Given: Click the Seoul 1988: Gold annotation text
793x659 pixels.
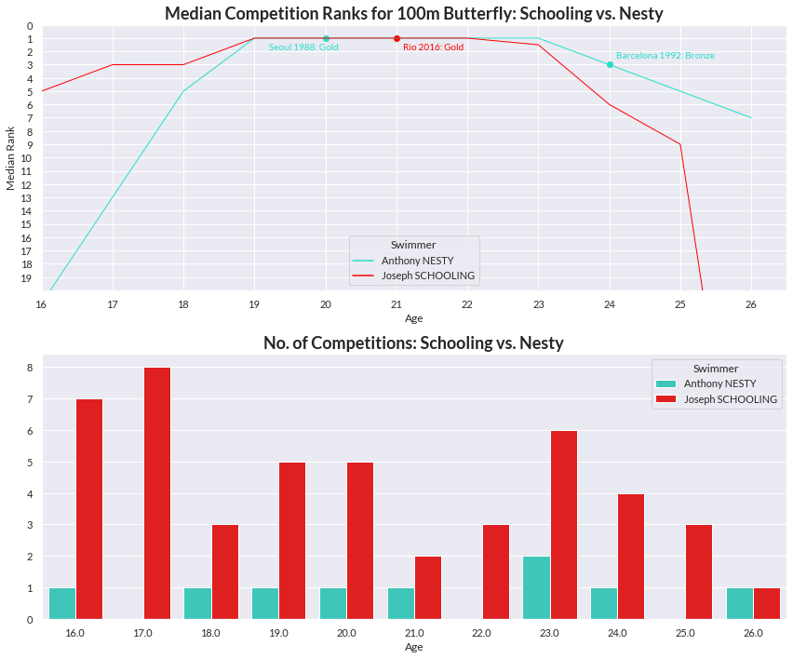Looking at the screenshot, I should (303, 47).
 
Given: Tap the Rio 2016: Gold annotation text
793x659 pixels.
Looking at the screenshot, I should (433, 47).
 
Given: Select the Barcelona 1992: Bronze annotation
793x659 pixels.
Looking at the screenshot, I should (665, 56).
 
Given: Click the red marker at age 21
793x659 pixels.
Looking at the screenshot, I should (396, 38).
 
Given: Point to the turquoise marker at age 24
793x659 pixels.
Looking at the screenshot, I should (610, 64).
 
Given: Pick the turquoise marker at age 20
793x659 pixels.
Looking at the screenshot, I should (326, 38).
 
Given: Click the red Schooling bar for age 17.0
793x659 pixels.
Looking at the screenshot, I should (157, 493).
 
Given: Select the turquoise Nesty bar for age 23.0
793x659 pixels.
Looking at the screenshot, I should (536, 587).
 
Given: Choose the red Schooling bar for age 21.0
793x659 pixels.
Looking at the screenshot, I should (428, 587).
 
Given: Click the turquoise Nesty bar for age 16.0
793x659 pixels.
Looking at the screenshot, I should (62, 603).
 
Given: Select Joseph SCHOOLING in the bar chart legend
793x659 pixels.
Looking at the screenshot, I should (731, 399).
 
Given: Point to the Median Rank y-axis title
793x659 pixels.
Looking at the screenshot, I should (11, 158).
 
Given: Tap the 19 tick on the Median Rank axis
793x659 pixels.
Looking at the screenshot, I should (29, 277).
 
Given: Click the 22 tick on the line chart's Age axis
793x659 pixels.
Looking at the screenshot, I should (467, 304).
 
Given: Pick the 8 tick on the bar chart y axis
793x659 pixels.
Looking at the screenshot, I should (30, 368).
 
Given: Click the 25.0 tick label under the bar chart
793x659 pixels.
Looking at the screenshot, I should (685, 633).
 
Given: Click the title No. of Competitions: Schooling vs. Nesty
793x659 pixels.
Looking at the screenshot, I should (413, 343).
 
